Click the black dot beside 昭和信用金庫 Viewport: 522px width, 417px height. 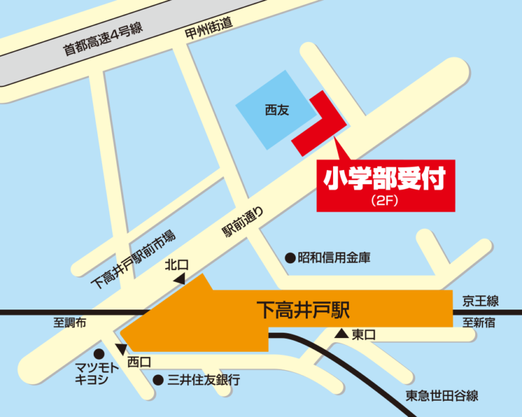pos(290,258)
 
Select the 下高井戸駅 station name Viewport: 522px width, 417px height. pos(304,311)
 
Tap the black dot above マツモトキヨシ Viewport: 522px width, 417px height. pos(99,353)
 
